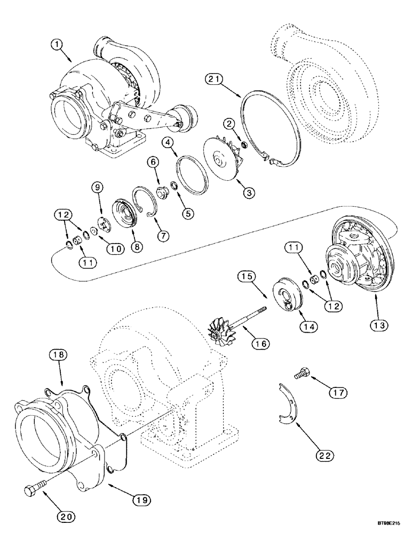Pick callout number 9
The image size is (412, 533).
pyautogui.click(x=98, y=188)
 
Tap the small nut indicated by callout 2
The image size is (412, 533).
pyautogui.click(x=243, y=130)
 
